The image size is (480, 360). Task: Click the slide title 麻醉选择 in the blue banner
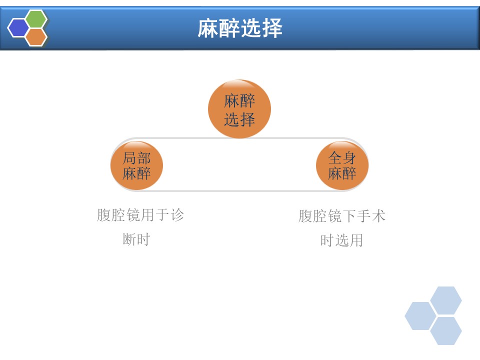tap(239, 28)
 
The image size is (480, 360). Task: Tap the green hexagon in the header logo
tap(36, 19)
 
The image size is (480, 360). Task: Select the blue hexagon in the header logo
tap(18, 28)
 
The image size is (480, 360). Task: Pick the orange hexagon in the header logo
tap(36, 37)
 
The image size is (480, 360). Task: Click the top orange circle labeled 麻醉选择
tap(239, 109)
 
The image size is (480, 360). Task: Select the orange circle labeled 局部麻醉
tap(136, 165)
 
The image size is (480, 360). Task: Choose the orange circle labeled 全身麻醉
tap(342, 165)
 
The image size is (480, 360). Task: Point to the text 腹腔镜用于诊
tap(140, 215)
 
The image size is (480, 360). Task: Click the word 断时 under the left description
tap(136, 239)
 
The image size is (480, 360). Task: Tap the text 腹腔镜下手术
tap(342, 216)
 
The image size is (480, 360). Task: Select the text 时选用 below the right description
tap(342, 240)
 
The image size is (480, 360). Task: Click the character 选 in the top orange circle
tap(231, 119)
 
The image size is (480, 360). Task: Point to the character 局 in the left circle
tap(129, 158)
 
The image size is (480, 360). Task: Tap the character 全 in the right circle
tap(335, 158)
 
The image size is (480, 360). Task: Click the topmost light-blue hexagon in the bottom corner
tap(445, 300)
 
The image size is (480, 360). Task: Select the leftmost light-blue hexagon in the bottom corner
tap(420, 316)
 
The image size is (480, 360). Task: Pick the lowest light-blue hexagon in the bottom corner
tap(445, 331)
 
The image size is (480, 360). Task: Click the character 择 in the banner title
tap(272, 28)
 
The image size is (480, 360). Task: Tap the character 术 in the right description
tap(378, 216)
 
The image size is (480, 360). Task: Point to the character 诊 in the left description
tap(177, 215)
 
